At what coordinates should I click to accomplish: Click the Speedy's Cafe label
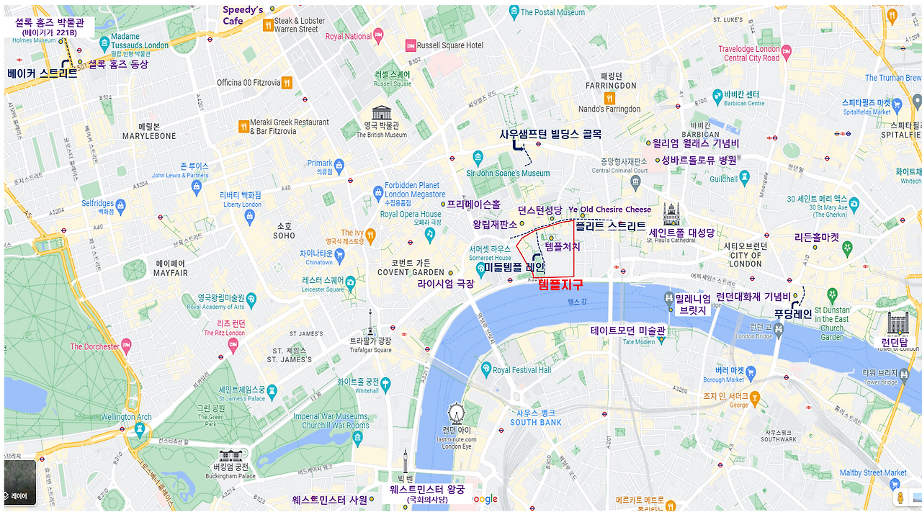point(243,15)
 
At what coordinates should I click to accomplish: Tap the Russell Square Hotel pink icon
point(411,45)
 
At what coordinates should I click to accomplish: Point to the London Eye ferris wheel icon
point(456,413)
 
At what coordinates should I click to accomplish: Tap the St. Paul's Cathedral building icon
point(671,212)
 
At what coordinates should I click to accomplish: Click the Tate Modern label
point(628,332)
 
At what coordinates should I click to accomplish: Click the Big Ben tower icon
point(405,461)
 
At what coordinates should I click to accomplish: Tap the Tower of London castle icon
point(898,323)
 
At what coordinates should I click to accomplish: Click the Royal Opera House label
point(411,214)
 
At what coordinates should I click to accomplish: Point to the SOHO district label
point(285,230)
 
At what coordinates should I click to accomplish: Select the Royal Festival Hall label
point(522,370)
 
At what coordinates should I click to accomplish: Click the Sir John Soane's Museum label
point(507,173)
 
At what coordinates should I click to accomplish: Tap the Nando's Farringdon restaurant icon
point(609,97)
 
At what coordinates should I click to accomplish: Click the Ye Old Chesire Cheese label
point(609,210)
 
